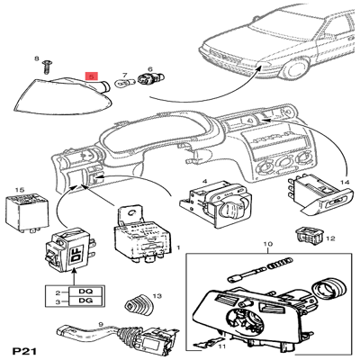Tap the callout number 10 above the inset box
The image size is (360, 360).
tap(265, 245)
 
